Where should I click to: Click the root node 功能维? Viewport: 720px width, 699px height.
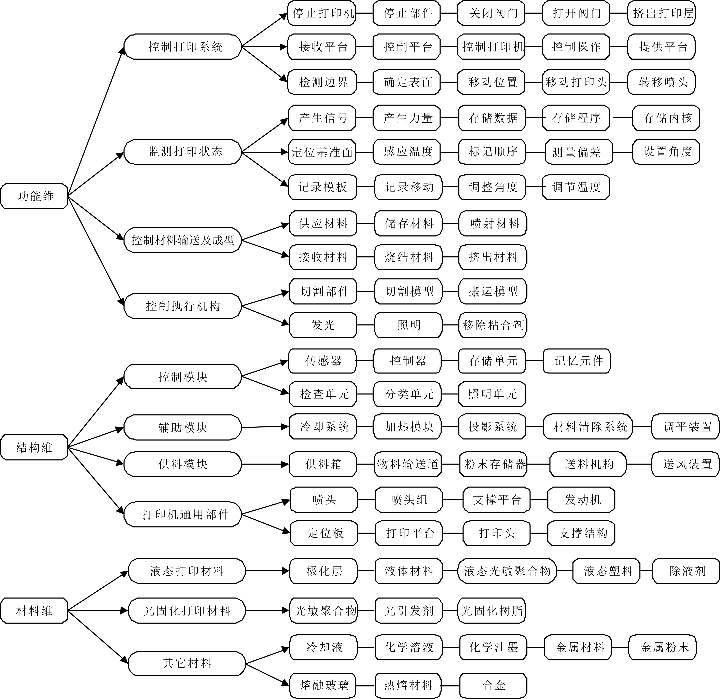coord(34,196)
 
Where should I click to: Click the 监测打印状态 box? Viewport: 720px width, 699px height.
coord(183,152)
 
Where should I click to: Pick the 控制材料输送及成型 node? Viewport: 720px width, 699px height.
coord(183,240)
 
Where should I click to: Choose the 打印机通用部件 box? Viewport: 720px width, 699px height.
coord(183,514)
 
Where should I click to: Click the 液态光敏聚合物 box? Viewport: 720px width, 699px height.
coord(507,571)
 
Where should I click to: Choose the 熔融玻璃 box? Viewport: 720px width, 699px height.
coord(323,685)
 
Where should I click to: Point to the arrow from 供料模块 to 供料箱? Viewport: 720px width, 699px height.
coord(265,464)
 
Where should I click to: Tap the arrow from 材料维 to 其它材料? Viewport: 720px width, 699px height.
coord(98,637)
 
